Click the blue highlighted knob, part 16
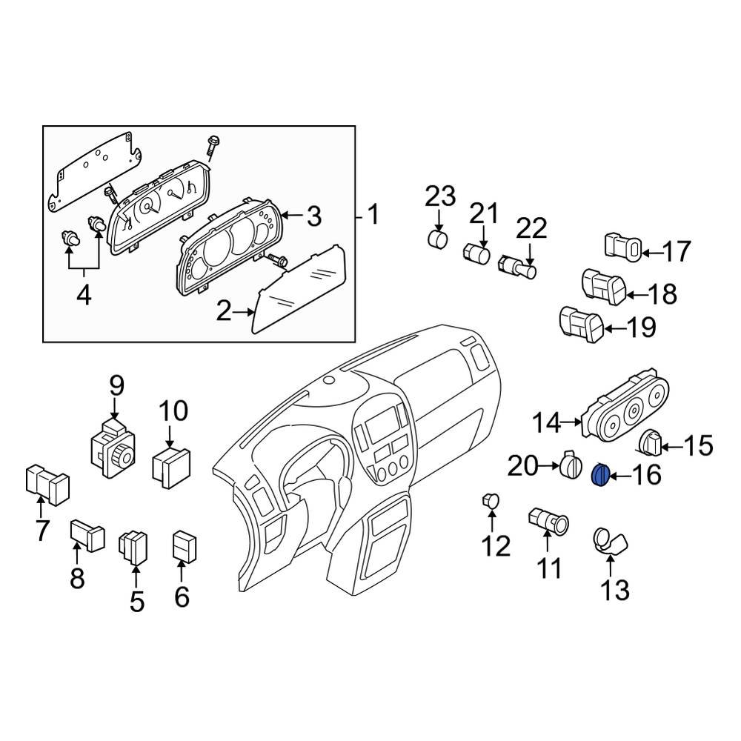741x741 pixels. click(x=602, y=474)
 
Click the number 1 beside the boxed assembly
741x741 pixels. click(x=373, y=216)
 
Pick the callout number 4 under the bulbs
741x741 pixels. click(x=84, y=296)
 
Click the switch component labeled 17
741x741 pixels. click(x=621, y=248)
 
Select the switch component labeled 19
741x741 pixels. click(x=581, y=325)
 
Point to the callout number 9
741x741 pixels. click(x=116, y=387)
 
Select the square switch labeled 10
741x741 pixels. click(x=170, y=465)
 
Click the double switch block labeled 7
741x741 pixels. click(x=47, y=482)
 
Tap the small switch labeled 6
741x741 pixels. click(x=183, y=548)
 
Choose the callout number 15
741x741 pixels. click(x=696, y=447)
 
